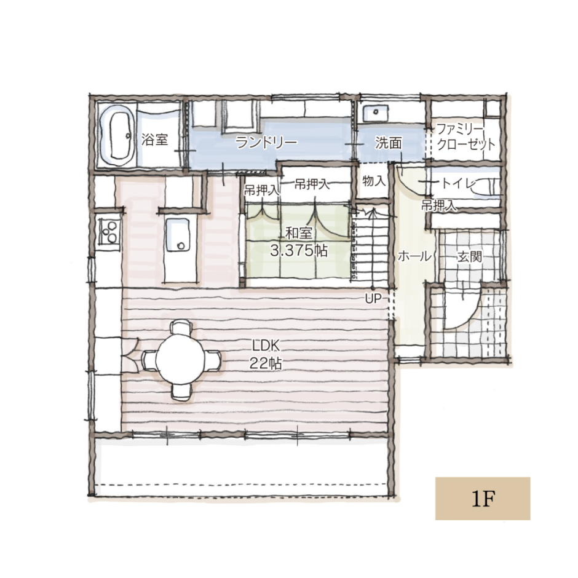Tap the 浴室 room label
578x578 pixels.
(x=154, y=140)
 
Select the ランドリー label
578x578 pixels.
(x=266, y=143)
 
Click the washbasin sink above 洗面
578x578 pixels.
(x=375, y=113)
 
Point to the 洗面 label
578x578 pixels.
(x=388, y=143)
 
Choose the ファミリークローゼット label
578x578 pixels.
(x=465, y=137)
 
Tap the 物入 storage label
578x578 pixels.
(x=374, y=181)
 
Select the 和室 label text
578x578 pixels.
(x=299, y=233)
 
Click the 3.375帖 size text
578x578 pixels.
(x=299, y=251)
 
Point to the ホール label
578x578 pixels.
(x=414, y=256)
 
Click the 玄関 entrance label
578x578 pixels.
(x=470, y=256)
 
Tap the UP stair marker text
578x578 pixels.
(x=373, y=299)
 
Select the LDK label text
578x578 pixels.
(x=266, y=346)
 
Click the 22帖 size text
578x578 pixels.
(x=266, y=363)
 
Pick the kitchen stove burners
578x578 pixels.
(x=109, y=231)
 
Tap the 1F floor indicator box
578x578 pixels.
(x=483, y=499)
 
